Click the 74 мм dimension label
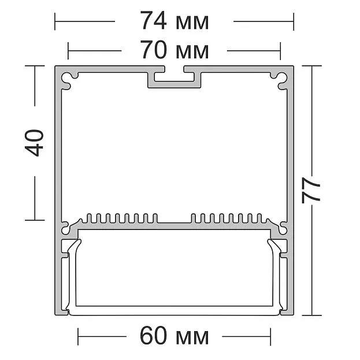(x=175, y=21)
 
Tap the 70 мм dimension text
(x=175, y=50)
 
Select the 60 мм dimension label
(x=175, y=336)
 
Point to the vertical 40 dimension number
(x=34, y=143)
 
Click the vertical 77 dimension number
(x=311, y=190)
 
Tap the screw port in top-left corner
(x=67, y=79)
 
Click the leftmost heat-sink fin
(x=89, y=218)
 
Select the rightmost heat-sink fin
(x=259, y=218)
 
